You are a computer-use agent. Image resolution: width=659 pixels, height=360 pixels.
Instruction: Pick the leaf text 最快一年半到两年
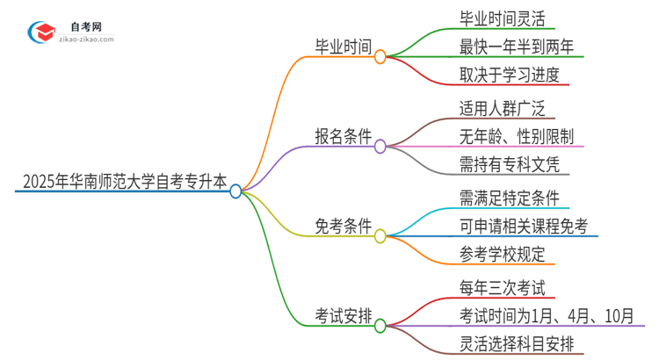521,47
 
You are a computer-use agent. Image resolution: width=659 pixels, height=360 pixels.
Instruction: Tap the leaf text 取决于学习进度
509,76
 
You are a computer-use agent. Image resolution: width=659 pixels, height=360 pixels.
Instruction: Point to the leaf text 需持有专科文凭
509,165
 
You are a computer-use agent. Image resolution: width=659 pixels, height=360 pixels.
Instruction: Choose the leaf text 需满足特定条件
509,198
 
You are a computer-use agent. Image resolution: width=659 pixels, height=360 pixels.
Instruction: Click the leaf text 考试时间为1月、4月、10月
546,316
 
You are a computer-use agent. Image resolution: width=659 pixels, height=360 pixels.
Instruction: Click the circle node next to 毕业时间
380,57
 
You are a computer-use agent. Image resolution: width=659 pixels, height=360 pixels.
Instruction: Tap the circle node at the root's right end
235,191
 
